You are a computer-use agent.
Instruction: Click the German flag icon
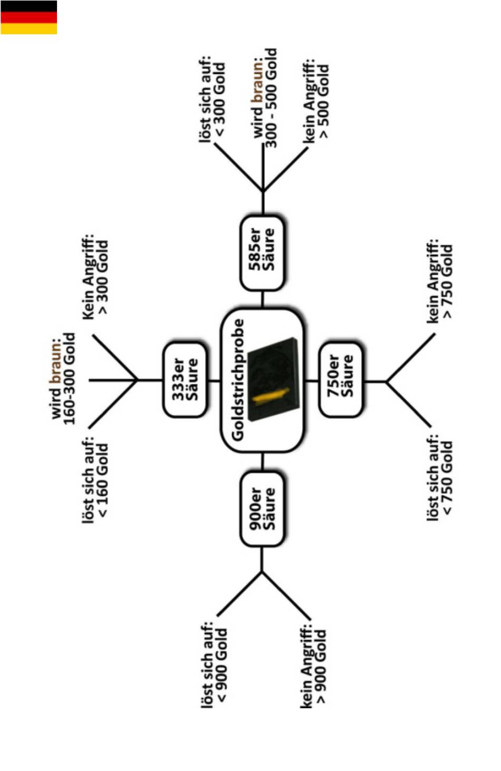pyautogui.click(x=28, y=17)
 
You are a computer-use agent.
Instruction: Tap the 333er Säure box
pyautogui.click(x=184, y=380)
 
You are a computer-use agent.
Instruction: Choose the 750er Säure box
pyautogui.click(x=341, y=380)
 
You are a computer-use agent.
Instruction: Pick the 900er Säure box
pyautogui.click(x=262, y=509)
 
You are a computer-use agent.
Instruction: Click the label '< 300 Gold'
pyautogui.click(x=220, y=100)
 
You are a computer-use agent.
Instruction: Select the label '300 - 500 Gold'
pyautogui.click(x=271, y=98)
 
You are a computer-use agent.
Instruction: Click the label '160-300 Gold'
pyautogui.click(x=70, y=378)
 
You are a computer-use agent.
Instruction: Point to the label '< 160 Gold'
pyautogui.click(x=102, y=480)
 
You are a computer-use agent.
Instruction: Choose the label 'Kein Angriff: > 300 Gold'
pyautogui.click(x=95, y=277)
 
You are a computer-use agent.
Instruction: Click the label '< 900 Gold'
pyautogui.click(x=222, y=665)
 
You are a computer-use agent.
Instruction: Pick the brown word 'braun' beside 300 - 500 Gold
pyautogui.click(x=258, y=86)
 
